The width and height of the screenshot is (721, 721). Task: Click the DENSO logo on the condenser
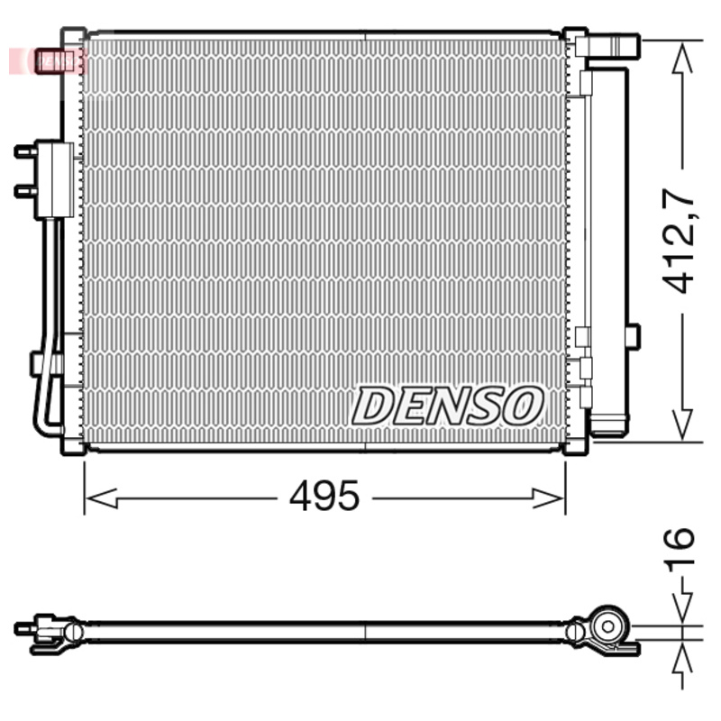[x=448, y=406]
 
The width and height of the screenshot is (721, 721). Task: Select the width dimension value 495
[x=324, y=497]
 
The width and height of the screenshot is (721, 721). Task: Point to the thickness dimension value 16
[x=681, y=551]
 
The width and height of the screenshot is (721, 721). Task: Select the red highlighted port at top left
[x=54, y=61]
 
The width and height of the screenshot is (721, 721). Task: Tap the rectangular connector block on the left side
[x=54, y=179]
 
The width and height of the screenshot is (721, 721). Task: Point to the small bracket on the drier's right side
[x=633, y=336]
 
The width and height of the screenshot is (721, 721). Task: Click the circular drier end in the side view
[x=610, y=626]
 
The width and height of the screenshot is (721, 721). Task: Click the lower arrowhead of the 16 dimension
[x=682, y=656]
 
